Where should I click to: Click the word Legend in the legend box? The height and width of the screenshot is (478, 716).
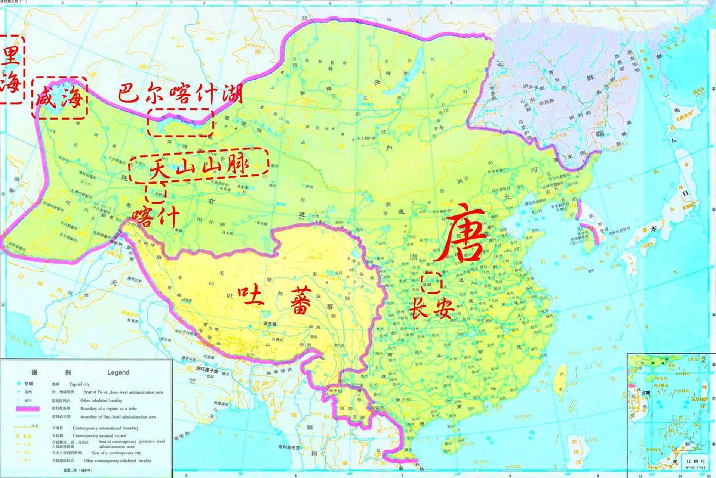pos(118,372)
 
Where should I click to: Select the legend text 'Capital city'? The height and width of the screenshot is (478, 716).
pos(79,384)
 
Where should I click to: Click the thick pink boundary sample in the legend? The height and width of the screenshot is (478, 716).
pos(28,409)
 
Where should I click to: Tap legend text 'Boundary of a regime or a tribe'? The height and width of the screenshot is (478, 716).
pos(108,409)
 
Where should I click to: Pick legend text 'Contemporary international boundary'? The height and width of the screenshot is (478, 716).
pos(105,428)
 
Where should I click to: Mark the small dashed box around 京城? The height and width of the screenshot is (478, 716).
pos(431,283)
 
